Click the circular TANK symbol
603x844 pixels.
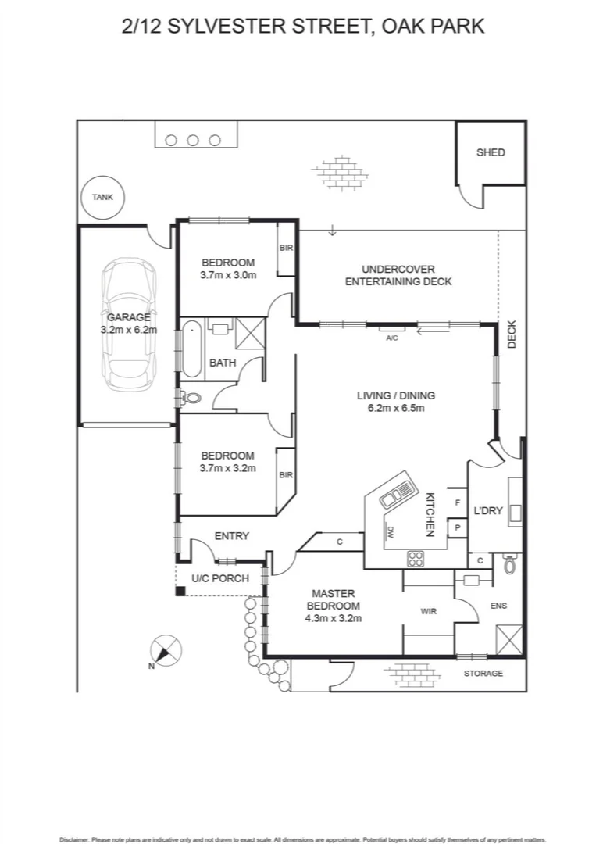point(102,197)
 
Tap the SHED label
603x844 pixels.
point(491,152)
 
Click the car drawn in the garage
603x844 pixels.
point(130,324)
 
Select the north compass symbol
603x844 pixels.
point(165,651)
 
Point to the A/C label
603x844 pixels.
point(392,338)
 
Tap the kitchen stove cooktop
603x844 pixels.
point(416,558)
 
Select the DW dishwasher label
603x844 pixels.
point(390,533)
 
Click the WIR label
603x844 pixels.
point(429,611)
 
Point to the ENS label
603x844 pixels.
point(498,605)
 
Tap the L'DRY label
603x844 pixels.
point(487,512)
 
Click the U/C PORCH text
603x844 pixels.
point(220,578)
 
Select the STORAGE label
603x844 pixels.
point(483,673)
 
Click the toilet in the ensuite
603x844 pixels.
point(510,564)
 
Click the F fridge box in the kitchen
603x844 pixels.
point(457,502)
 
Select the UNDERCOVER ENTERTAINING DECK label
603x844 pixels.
point(398,275)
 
